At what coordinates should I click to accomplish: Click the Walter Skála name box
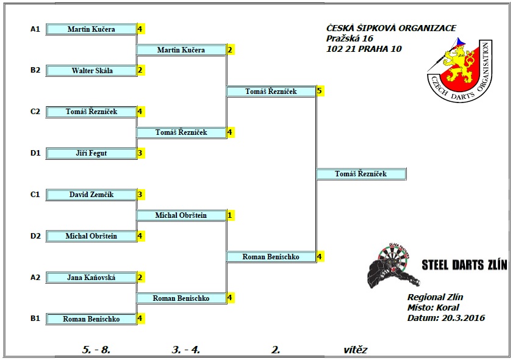91,71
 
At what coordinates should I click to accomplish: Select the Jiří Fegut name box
91,153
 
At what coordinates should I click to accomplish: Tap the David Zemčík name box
91,195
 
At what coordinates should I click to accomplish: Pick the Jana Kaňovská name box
91,278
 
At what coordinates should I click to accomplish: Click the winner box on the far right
361,174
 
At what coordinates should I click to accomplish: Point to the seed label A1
35,29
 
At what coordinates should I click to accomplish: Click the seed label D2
35,236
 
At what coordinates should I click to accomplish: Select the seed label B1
35,319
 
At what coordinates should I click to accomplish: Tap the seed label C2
35,112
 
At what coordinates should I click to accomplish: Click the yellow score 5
320,91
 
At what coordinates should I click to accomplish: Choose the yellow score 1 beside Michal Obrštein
230,215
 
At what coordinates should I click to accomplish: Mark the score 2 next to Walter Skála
140,71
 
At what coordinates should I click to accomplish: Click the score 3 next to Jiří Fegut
140,153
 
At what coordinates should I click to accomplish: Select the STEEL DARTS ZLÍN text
464,265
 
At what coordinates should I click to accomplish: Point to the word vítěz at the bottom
356,350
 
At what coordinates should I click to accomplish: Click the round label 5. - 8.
96,350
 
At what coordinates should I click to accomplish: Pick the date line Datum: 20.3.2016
447,317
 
